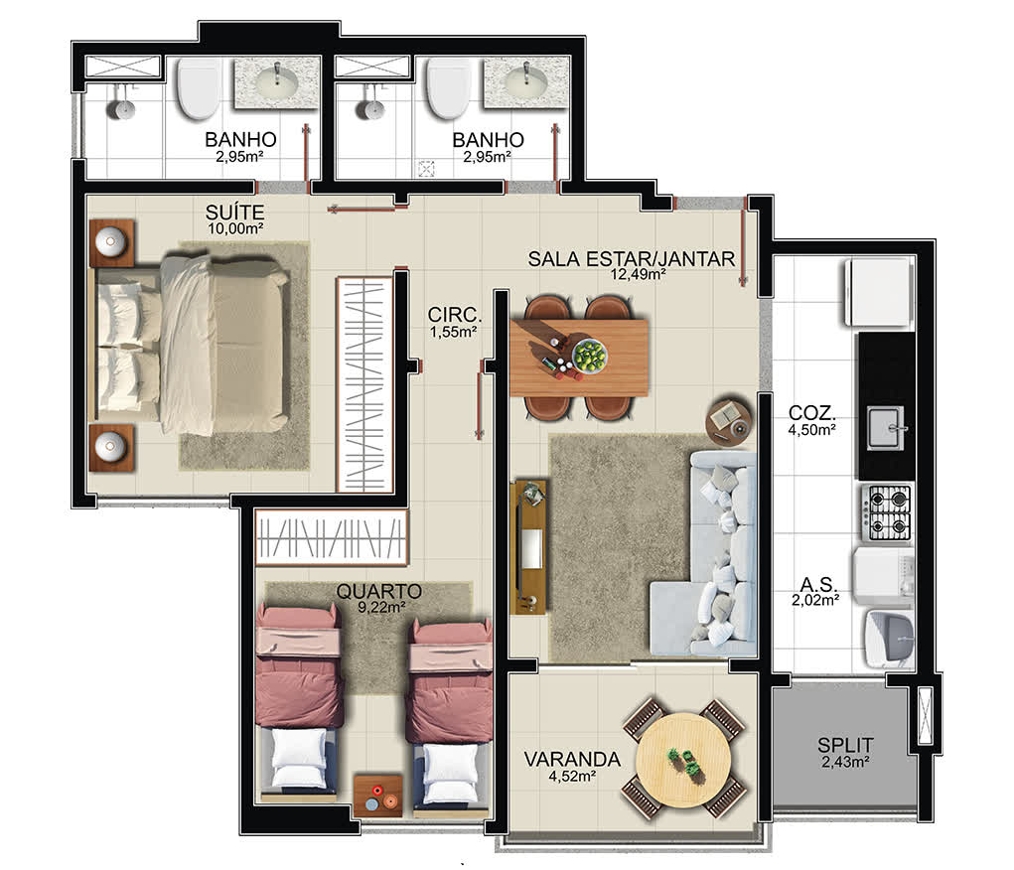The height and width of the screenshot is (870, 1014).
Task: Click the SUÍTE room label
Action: pos(234,213)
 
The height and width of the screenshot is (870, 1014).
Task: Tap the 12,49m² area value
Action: pos(639,274)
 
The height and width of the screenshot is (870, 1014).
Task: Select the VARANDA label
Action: pos(572,759)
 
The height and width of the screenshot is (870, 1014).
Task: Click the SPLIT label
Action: pos(845,745)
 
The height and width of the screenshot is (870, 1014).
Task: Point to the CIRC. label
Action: pos(455,315)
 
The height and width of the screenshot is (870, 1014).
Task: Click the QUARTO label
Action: pos(379,591)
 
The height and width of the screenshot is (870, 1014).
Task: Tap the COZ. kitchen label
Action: pos(811,413)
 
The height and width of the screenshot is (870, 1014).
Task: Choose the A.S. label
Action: pos(818,584)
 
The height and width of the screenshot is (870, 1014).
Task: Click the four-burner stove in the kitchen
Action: pos(889,512)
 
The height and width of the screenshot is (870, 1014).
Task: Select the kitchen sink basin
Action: pos(885,428)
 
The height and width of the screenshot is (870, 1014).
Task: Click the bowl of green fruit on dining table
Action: pos(590,356)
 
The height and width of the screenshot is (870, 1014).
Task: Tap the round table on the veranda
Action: pos(683,759)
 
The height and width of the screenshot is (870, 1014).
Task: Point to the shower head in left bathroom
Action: pos(121,109)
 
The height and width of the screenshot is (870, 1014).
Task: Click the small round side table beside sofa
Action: pos(729,420)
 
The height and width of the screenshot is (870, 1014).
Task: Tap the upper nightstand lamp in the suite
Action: pos(110,241)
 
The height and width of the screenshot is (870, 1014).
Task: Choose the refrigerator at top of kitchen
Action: pos(879,292)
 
